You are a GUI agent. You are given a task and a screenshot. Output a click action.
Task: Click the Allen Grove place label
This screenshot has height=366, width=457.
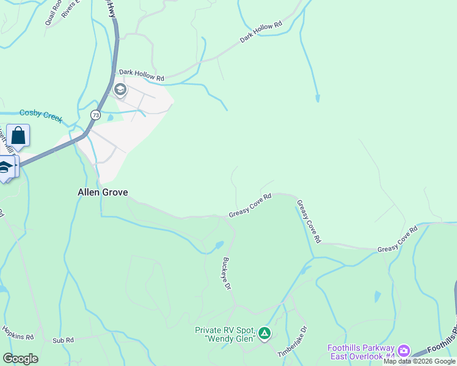pyautogui.click(x=103, y=192)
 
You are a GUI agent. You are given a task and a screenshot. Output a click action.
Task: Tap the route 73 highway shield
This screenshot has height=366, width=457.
pyautogui.click(x=95, y=115)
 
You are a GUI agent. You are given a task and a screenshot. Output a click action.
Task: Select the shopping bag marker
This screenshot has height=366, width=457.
pyautogui.click(x=18, y=136)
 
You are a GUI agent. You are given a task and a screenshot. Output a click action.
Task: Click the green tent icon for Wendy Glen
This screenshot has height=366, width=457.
pyautogui.click(x=264, y=333)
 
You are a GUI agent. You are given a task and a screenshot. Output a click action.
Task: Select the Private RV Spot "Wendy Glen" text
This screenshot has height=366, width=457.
pyautogui.click(x=225, y=334)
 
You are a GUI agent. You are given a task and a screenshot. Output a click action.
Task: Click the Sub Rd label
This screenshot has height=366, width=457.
pyautogui.click(x=63, y=340)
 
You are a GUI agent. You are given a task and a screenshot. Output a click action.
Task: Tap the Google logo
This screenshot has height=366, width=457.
pyautogui.click(x=20, y=358)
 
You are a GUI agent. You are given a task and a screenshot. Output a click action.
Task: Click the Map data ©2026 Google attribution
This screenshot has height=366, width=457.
pyautogui.click(x=420, y=361)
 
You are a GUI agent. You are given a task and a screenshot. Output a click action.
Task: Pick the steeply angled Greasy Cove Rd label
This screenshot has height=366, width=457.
pyautogui.click(x=308, y=221)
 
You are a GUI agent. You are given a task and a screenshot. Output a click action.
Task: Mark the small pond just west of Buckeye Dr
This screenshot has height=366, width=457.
pyautogui.click(x=218, y=246)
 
